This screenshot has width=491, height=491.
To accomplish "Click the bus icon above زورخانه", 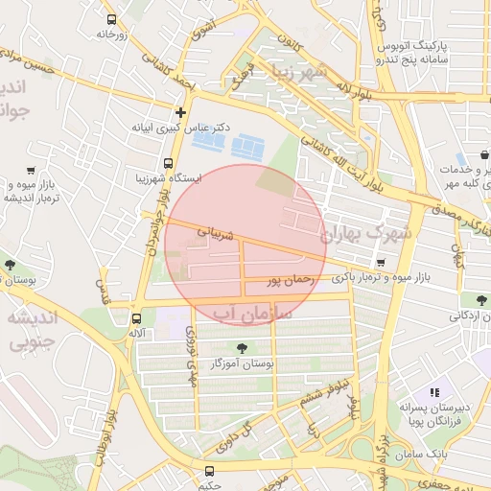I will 112,19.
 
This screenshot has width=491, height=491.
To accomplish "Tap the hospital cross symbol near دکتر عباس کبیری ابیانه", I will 179,112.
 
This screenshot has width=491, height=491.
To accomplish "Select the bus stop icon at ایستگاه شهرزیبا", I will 169,163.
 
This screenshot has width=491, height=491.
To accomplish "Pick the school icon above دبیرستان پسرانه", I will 434,392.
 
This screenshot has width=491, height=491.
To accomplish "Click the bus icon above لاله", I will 135,318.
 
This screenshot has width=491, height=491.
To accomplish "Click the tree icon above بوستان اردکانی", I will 467,300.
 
